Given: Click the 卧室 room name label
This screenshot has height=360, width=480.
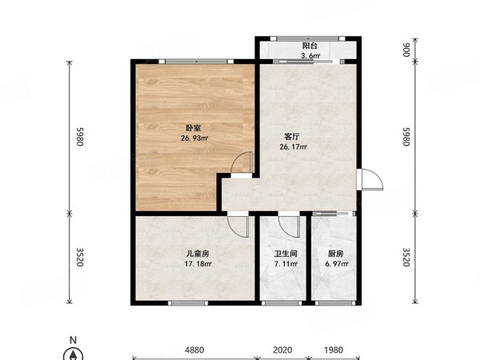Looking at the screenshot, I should tap(194, 126).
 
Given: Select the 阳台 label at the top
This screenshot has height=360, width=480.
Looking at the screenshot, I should tap(310, 46).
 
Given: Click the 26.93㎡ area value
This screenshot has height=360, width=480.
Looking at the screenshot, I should tap(194, 138).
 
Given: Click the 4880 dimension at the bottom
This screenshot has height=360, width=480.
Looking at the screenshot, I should tap(195, 350).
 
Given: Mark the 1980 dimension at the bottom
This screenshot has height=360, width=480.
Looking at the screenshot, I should tap(334, 350).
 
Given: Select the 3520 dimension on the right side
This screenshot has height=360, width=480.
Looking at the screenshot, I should tap(406, 257).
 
